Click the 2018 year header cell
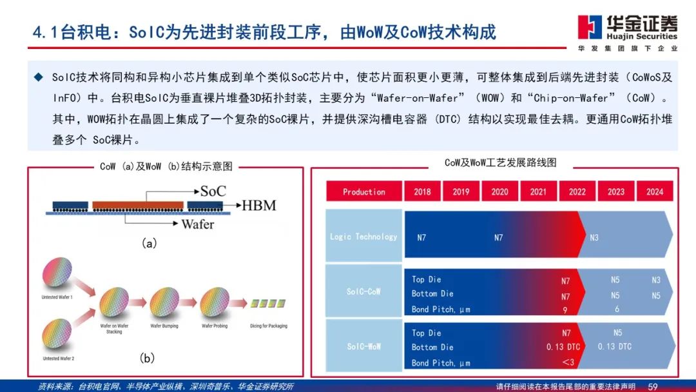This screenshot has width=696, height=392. pyautogui.click(x=422, y=191)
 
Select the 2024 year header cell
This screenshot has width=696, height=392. pyautogui.click(x=654, y=191)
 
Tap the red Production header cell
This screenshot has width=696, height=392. pyautogui.click(x=364, y=191)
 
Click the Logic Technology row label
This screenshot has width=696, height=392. pyautogui.click(x=364, y=237)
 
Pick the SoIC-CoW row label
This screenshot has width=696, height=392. pyautogui.click(x=364, y=291)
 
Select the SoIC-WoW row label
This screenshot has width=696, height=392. pyautogui.click(x=364, y=346)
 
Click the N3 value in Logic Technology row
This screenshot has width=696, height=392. pyautogui.click(x=594, y=237)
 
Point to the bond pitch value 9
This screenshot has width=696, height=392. pyautogui.click(x=565, y=309)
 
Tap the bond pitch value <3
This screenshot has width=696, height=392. pyautogui.click(x=567, y=363)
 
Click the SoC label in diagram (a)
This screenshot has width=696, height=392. pyautogui.click(x=213, y=191)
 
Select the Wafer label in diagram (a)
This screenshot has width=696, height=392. pyautogui.click(x=198, y=224)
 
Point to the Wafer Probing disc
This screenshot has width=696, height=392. pyautogui.click(x=215, y=302)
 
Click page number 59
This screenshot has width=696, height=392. pyautogui.click(x=653, y=386)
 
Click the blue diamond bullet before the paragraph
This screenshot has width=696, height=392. pyautogui.click(x=38, y=77)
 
